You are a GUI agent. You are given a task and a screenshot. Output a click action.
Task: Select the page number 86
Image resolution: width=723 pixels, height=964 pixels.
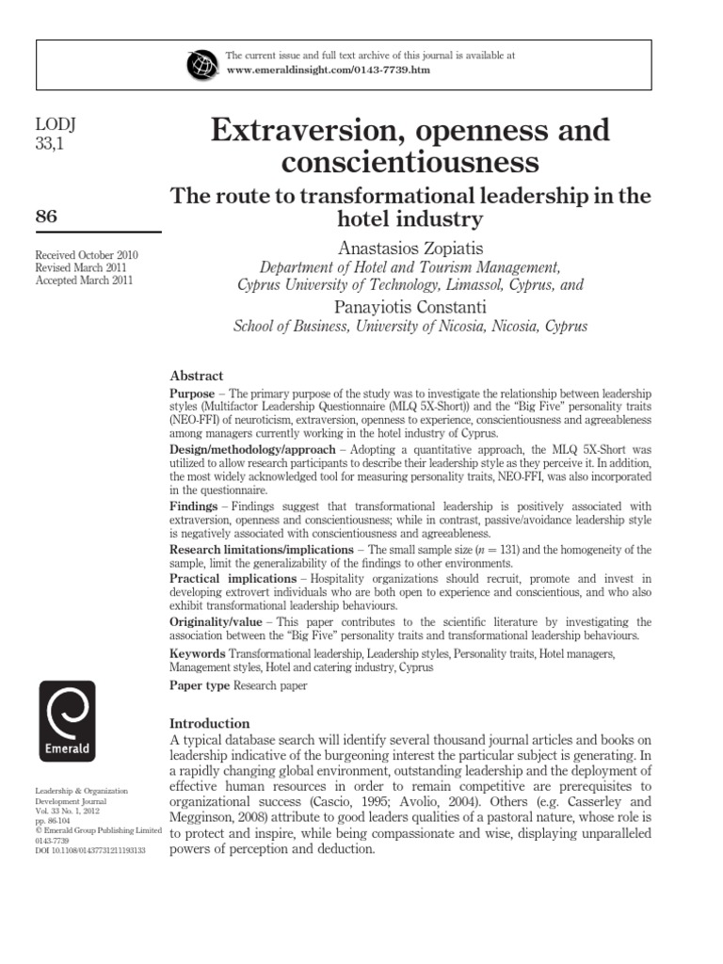(46, 217)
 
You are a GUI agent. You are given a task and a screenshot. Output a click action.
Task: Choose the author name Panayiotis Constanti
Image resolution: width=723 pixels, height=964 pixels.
(410, 307)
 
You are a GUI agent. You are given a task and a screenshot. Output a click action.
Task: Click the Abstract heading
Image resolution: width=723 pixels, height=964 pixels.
(196, 375)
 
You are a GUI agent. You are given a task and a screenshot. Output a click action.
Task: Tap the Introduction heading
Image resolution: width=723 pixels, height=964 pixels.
(209, 723)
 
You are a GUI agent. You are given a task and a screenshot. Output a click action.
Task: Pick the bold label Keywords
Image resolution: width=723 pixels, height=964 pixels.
(197, 653)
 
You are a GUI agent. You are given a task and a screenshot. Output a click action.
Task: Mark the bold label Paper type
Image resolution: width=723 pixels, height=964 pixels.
(199, 686)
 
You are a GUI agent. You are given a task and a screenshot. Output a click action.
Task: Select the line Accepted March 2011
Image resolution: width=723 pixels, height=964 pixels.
(84, 281)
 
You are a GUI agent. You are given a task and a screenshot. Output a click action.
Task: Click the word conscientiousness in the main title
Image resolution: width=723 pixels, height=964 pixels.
(410, 162)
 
